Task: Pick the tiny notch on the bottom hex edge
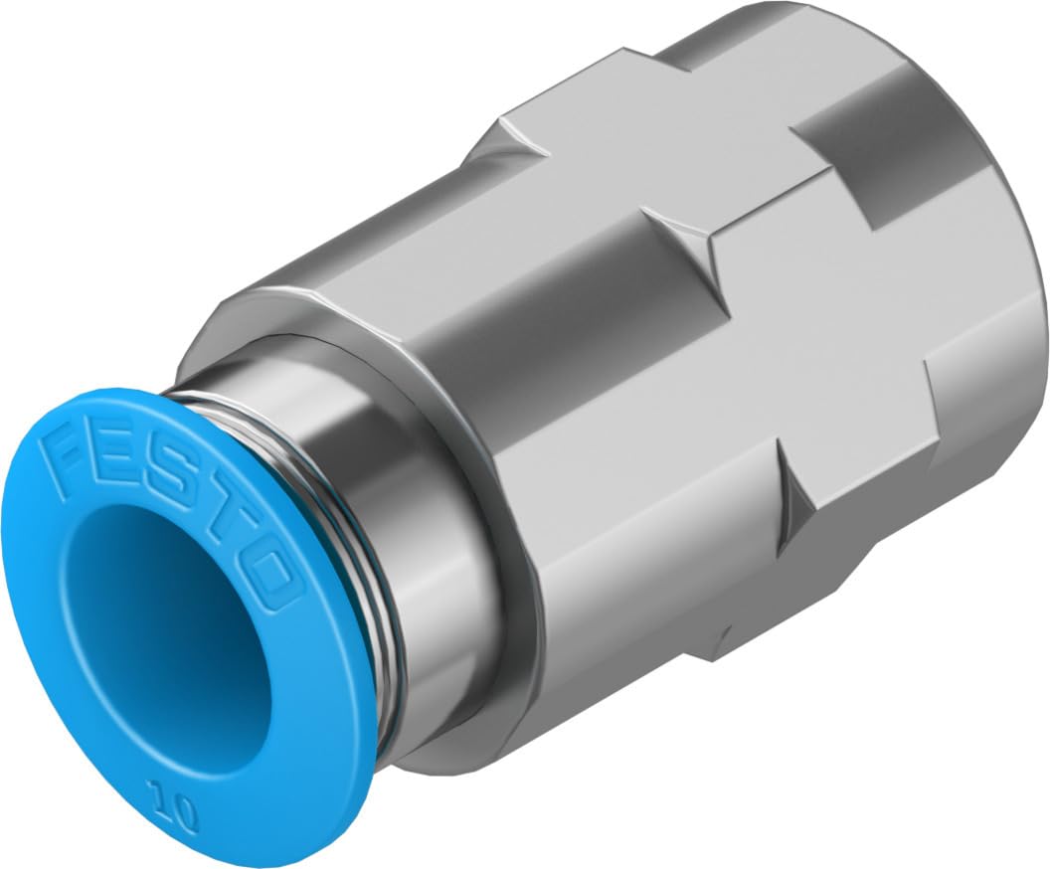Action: coord(724,636)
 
